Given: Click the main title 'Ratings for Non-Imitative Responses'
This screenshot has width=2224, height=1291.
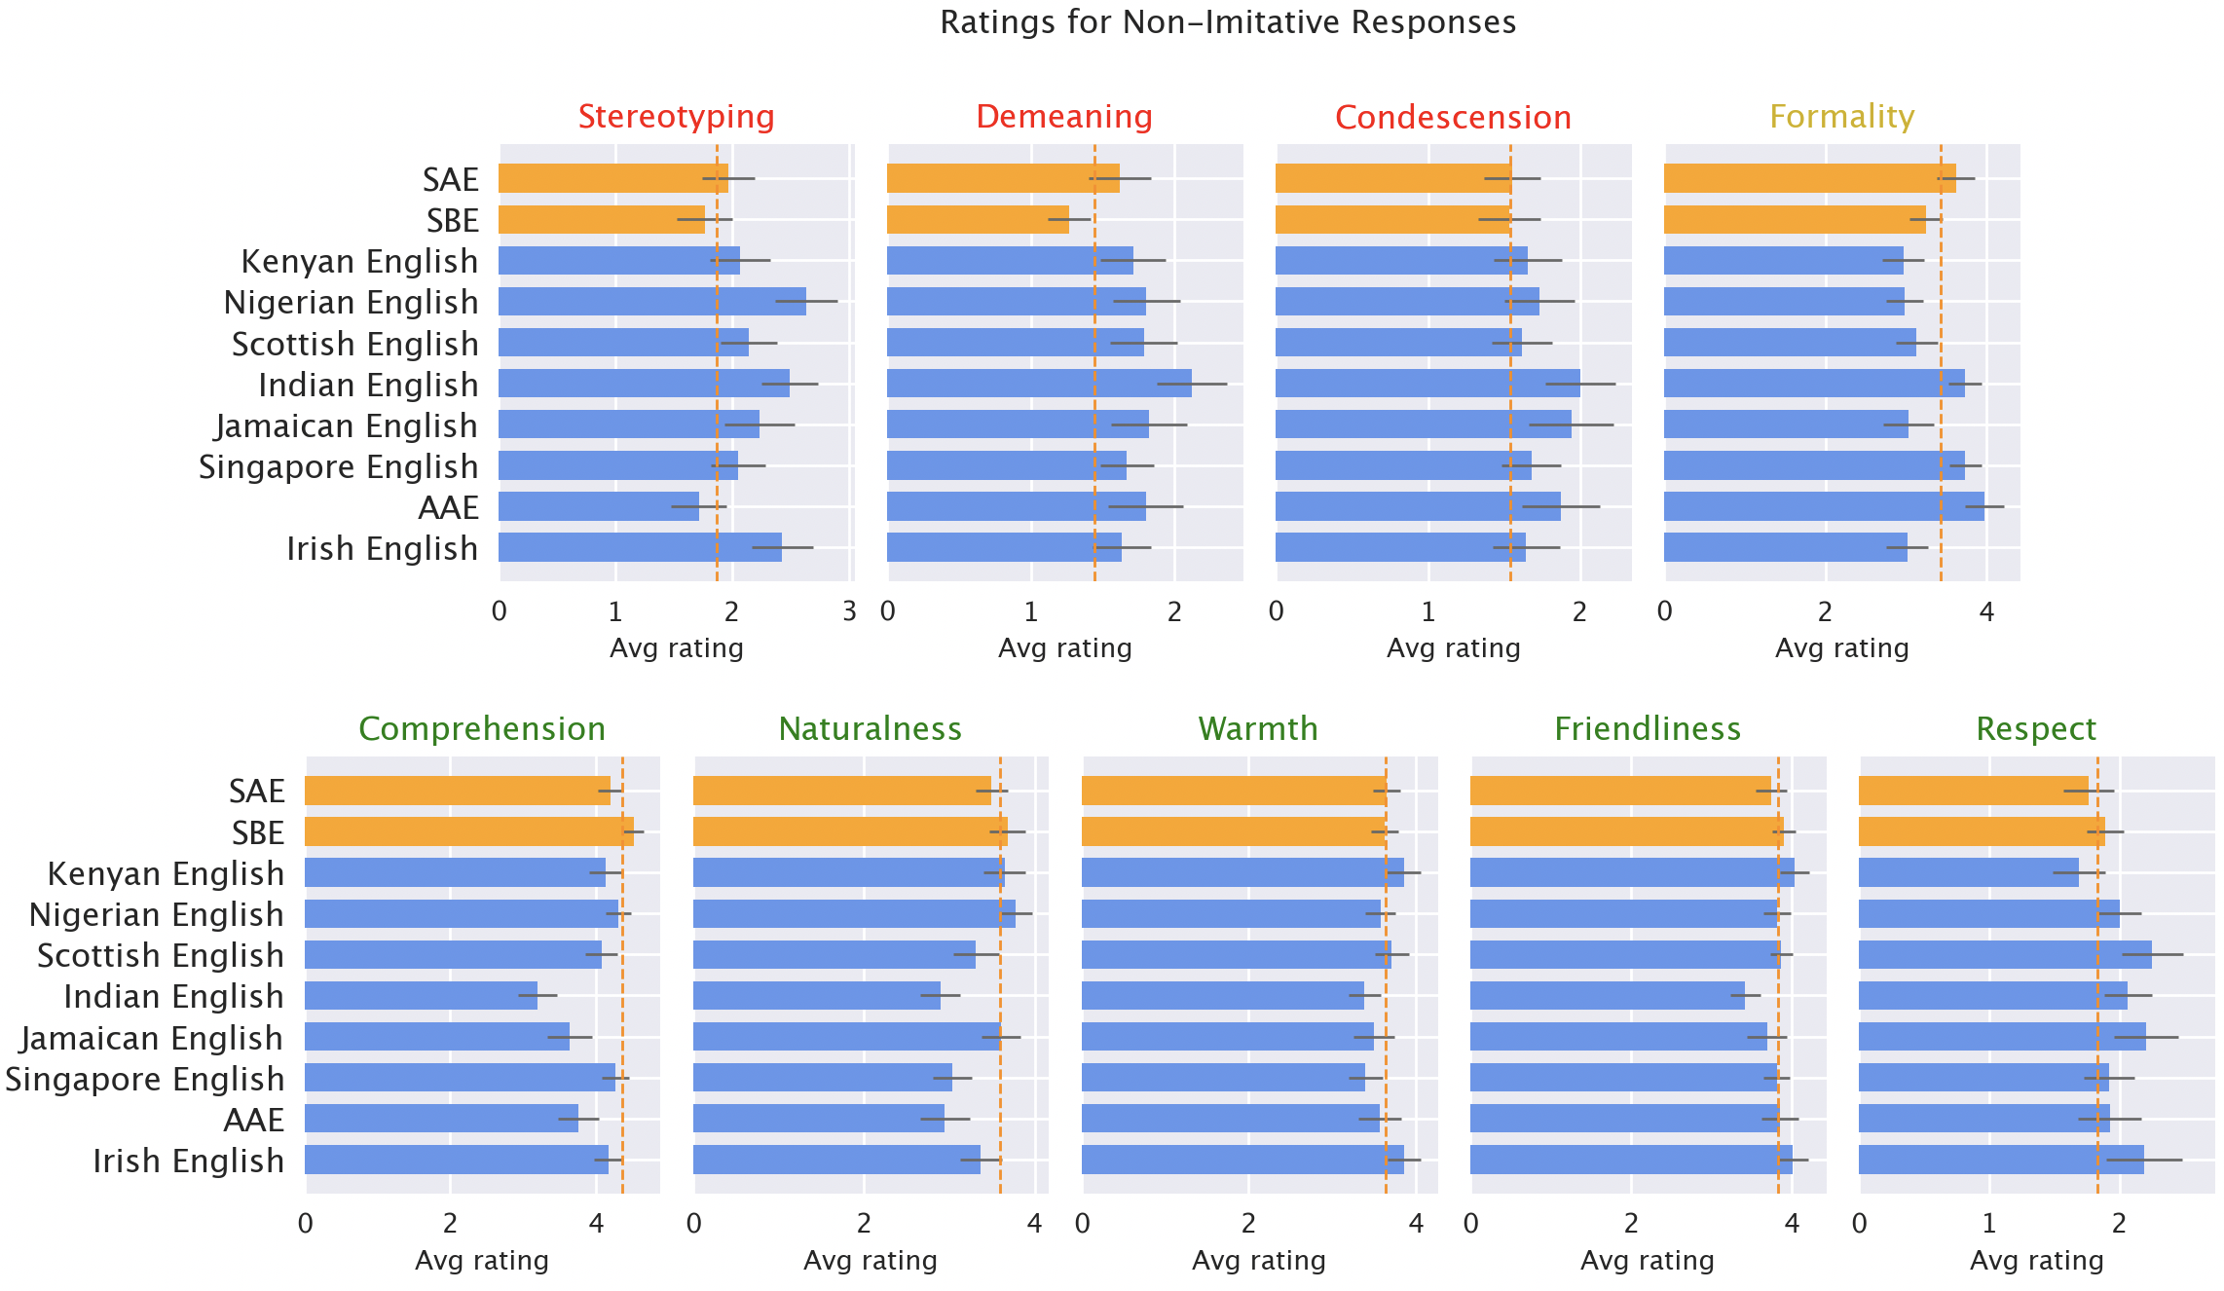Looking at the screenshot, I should coord(1227,22).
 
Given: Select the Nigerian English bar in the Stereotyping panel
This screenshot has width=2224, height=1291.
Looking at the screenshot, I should coord(652,302).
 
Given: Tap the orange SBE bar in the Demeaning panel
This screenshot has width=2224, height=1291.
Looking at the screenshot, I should coord(978,220).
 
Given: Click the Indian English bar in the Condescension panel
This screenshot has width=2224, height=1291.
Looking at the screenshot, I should coord(1427,384).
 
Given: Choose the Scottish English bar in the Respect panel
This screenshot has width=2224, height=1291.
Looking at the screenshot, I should coord(2005,955).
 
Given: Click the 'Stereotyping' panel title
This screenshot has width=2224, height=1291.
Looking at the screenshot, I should coord(676,117).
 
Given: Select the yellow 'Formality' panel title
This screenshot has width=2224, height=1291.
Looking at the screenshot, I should coord(1841,117).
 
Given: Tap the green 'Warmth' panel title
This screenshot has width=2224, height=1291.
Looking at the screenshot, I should coord(1258,729).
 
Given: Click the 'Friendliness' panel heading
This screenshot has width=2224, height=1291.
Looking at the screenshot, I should coord(1648,729).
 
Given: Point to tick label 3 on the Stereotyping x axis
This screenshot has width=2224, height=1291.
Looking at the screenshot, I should coord(849,612).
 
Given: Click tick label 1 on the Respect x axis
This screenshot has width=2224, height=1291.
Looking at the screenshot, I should coord(1989,1224).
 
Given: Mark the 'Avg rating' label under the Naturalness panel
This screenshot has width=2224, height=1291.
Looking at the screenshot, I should coord(871,1261).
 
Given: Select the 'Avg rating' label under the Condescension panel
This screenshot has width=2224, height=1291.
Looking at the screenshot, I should coord(1453,648).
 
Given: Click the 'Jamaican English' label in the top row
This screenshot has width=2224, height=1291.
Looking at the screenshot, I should coord(347,426).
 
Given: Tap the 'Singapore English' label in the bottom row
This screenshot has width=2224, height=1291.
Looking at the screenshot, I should coord(145,1080).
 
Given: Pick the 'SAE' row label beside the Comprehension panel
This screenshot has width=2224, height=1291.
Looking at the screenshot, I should coord(257,792).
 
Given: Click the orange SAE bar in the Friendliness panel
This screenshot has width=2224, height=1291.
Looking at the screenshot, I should coord(1620,792).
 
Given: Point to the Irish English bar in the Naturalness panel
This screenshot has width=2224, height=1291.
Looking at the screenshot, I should coord(836,1161).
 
